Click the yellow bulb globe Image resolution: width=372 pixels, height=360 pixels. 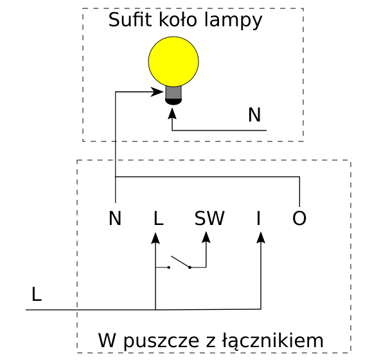[173, 62]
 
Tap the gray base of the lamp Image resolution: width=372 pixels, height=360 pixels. [173, 93]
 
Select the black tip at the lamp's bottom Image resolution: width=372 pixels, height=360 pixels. [173, 102]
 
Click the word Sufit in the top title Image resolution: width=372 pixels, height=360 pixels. [130, 20]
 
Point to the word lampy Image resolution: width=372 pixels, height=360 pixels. [233, 21]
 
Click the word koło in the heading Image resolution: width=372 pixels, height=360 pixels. [178, 20]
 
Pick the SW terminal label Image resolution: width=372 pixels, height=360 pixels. [209, 218]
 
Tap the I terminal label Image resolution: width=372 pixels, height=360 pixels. [258, 218]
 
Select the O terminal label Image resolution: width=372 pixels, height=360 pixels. [299, 218]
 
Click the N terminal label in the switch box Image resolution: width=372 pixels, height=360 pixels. [115, 218]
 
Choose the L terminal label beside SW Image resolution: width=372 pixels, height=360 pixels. [159, 218]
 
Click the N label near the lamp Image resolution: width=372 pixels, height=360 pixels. [254, 115]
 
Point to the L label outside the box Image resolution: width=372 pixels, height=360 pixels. [36, 294]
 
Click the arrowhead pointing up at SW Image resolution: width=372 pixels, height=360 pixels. [206, 237]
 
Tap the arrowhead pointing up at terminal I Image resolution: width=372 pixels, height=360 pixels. [261, 238]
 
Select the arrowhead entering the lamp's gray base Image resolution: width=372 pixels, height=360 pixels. [157, 92]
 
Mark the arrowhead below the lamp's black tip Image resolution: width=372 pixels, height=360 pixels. [172, 113]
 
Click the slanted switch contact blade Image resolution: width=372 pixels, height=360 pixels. [181, 262]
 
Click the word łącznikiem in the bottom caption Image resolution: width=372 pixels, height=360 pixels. [273, 341]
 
